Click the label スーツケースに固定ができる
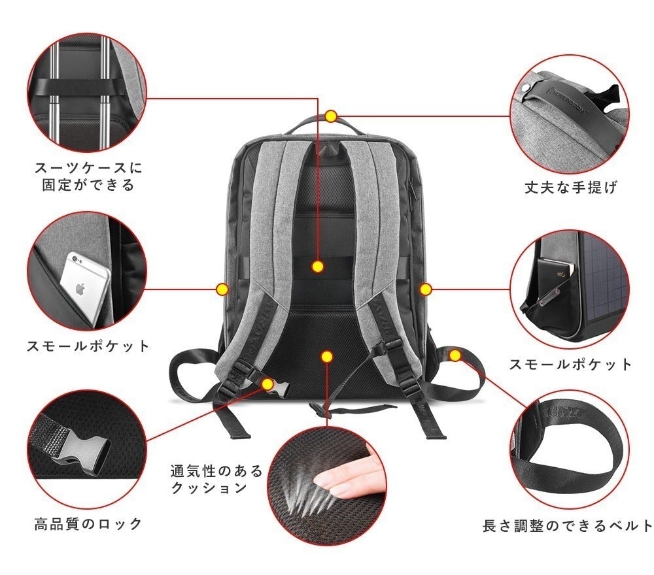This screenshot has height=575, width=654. tap(88, 176)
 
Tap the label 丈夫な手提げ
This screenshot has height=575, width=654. tap(571, 188)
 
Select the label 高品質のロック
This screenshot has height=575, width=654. tap(88, 523)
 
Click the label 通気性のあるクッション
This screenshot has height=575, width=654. tap(216, 479)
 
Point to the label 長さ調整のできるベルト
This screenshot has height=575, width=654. tap(568, 525)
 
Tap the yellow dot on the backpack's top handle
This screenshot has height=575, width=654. tap(331, 116)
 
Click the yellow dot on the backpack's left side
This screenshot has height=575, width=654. tap(222, 288)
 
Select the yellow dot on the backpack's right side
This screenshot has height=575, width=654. tap(425, 288)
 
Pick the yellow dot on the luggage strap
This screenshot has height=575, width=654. tap(318, 266)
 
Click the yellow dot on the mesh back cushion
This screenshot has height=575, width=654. tap(328, 357)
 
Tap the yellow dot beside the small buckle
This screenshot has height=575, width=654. tap(267, 384)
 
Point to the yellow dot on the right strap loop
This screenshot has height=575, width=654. tap(456, 355)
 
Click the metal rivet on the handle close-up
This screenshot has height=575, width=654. tap(527, 88)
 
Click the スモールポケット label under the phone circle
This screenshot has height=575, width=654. tap(88, 346)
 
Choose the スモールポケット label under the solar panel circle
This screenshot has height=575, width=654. tap(571, 364)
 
